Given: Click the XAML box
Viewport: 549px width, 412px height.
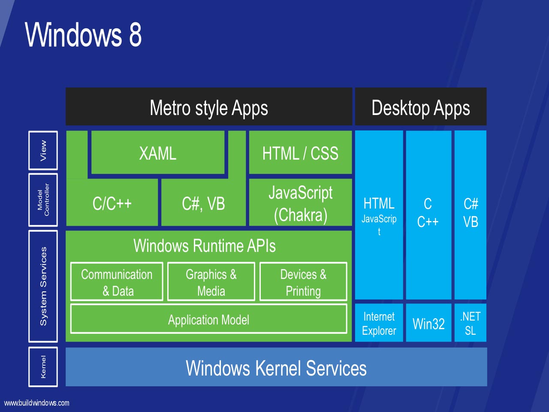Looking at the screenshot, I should tap(158, 153).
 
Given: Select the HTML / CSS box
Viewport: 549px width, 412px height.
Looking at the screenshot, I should tap(300, 153).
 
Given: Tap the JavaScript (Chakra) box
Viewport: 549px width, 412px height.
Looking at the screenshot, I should tap(300, 203).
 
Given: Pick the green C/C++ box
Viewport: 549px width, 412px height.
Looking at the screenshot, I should tap(112, 203).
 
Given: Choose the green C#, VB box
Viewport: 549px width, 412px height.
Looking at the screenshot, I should tap(203, 203).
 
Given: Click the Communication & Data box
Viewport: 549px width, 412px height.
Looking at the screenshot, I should tap(117, 282).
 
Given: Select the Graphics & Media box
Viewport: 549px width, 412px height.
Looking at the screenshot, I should tap(211, 282).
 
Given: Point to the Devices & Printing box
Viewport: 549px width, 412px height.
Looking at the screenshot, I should tap(303, 282).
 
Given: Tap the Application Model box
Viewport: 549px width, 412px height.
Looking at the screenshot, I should tap(208, 319).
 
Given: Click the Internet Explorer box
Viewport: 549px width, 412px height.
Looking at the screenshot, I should tap(379, 323).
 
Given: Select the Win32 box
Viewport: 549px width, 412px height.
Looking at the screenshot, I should tap(428, 323).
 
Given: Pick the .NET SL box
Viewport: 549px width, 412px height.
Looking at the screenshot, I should tap(470, 323).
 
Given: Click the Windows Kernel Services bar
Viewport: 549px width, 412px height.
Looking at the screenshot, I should tap(276, 367).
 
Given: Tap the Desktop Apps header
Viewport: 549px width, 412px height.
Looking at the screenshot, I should tap(421, 107).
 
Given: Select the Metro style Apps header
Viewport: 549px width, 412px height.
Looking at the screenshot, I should tap(209, 107).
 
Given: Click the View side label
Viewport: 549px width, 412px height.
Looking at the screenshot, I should tap(43, 151).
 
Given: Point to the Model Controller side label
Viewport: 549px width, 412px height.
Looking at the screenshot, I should tap(43, 200).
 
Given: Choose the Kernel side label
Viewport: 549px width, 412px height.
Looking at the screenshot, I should tap(43, 367).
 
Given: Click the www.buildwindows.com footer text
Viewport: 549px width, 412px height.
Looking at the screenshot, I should tap(37, 403).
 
